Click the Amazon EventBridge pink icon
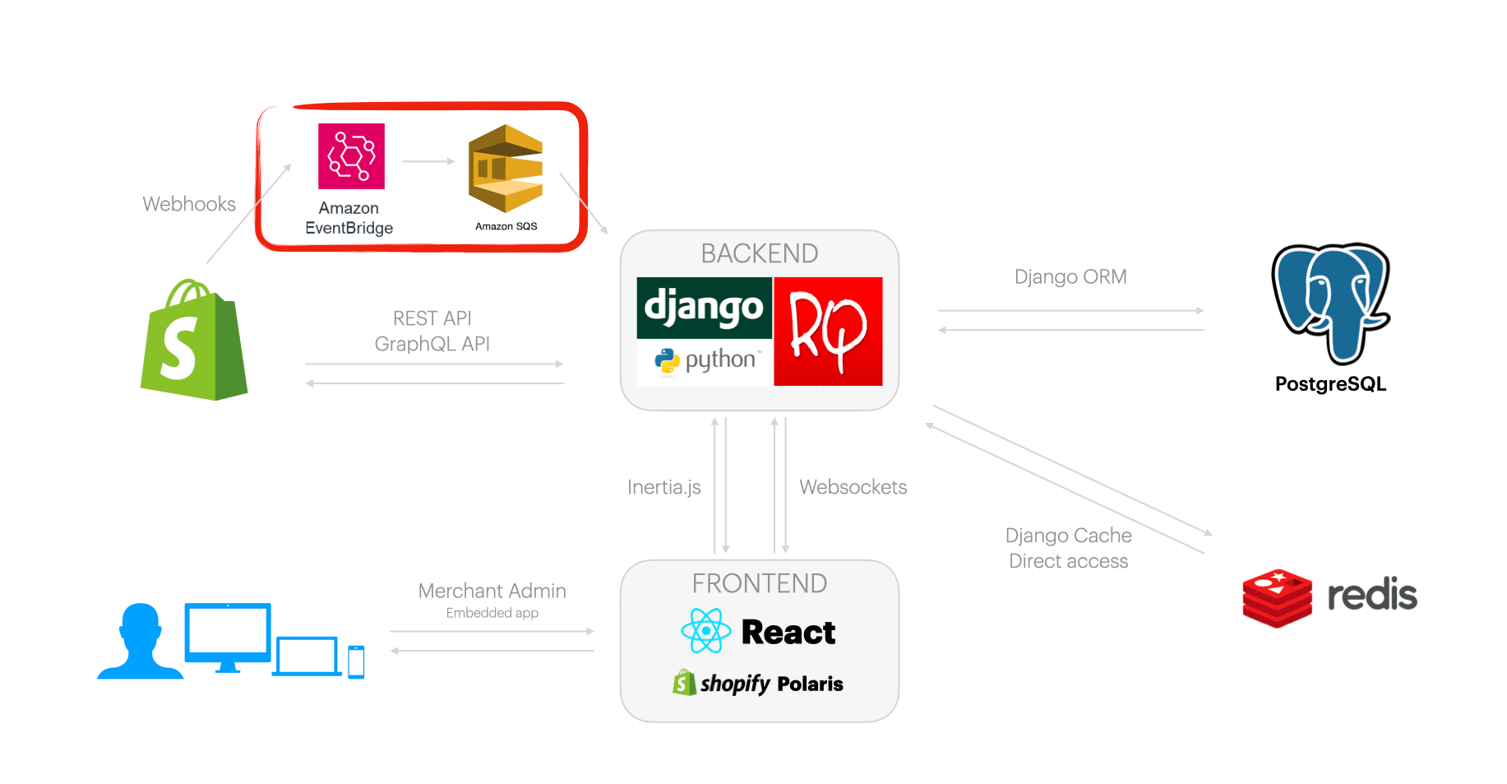[351, 156]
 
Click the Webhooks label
[189, 204]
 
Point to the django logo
[704, 308]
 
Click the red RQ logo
[828, 331]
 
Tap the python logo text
[719, 360]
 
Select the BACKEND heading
[759, 253]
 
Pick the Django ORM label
[1070, 276]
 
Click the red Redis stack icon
[1277, 598]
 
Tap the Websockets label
[853, 487]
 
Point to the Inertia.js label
[663, 487]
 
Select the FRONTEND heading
[759, 583]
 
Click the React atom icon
[705, 631]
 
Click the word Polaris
[810, 684]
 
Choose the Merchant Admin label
[492, 591]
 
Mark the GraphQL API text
[432, 344]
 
